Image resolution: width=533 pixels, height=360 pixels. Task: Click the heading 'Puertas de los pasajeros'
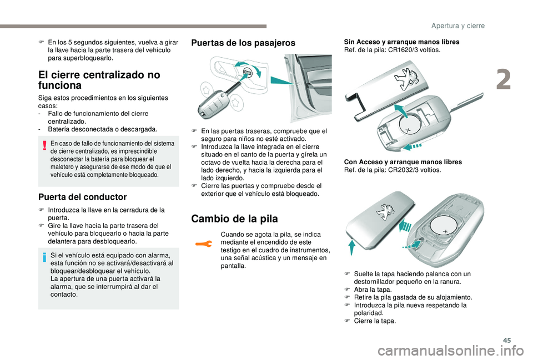(243, 43)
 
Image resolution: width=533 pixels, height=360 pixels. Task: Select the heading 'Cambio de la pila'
(234, 219)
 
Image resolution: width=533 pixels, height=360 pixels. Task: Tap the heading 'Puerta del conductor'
(83, 197)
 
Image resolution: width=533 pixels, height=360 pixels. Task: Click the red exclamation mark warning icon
(44, 146)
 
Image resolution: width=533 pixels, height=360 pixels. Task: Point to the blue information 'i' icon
(44, 257)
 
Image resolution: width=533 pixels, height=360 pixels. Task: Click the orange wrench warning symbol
(204, 244)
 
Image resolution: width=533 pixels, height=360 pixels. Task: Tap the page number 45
(507, 340)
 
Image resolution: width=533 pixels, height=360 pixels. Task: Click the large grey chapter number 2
(504, 80)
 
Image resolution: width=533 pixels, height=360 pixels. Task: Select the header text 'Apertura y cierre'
(458, 26)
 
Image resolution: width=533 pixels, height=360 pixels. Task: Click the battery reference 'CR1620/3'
(401, 50)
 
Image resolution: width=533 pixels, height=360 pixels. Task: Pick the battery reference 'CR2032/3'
(401, 170)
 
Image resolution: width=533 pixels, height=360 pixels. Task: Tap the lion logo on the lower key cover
(384, 212)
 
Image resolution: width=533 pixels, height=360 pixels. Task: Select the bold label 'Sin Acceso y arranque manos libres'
(401, 42)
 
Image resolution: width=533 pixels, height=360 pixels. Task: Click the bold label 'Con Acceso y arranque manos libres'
(403, 162)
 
